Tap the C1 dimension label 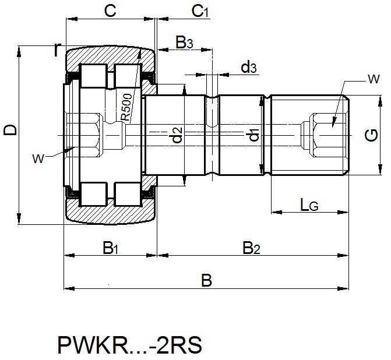pos(200,11)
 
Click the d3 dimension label pos(249,68)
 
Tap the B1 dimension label pos(111,248)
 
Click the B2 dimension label pos(251,248)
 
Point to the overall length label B pos(206,281)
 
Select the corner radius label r pos(57,50)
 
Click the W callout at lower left pos(38,157)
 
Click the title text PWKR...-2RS pos(129,345)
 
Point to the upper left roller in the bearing pos(93,76)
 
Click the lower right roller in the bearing pos(126,193)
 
